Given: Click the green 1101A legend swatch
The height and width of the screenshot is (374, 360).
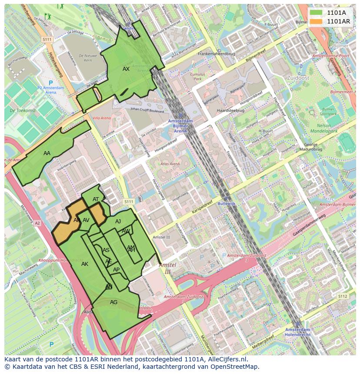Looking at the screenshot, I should point(316,13).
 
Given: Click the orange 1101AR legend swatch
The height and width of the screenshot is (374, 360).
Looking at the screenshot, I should point(316,21).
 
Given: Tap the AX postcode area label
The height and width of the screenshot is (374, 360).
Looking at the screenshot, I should point(126,69).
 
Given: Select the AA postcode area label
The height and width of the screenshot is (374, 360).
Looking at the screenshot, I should point(47,153).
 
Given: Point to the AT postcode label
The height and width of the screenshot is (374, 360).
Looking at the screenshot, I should point(96,199).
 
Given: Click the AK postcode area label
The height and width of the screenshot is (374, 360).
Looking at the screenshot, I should point(85,264).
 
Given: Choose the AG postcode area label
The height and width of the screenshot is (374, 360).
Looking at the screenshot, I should point(113,302).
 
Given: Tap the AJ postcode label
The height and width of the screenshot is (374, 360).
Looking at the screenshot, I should point(118,222).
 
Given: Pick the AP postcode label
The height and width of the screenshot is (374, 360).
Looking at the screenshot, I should point(116,270).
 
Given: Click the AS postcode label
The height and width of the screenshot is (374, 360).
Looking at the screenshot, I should point(106,250).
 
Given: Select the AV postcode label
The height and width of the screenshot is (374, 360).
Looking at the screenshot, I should point(86,220).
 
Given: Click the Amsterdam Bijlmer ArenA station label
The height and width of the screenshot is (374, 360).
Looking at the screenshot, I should point(180,126).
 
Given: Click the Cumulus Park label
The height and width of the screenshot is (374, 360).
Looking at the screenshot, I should point(198,77).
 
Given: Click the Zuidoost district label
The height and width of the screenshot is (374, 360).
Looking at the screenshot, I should point(298,77).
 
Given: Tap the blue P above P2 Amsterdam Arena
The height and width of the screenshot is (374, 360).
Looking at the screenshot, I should point(50,83).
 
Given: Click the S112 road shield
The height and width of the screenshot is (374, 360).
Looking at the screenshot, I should point(343,296).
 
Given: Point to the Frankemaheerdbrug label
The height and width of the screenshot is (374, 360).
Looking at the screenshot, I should point(216,54).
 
